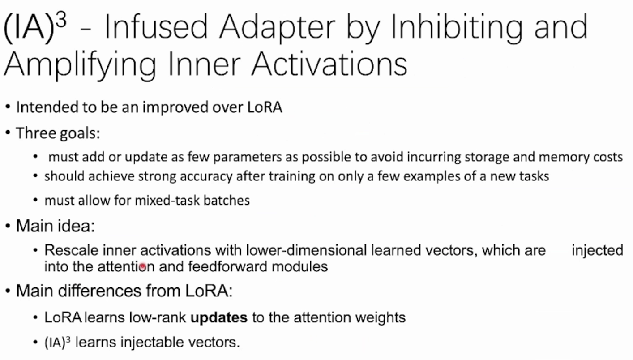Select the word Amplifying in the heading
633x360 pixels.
click(80, 65)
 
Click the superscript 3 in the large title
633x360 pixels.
click(61, 20)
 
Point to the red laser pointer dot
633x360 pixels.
click(143, 266)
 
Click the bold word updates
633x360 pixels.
click(219, 317)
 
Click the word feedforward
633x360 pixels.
click(227, 266)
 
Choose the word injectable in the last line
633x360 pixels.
click(152, 343)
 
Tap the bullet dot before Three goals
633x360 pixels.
click(8, 133)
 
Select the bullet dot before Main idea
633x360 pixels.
click(8, 226)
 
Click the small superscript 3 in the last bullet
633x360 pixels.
click(68, 339)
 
